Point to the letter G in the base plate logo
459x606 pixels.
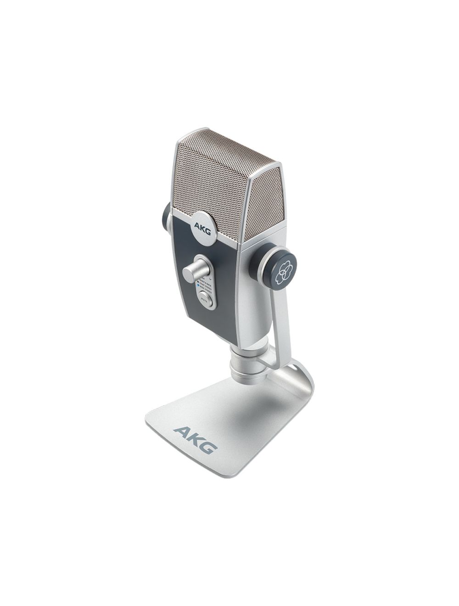pyautogui.click(x=209, y=445)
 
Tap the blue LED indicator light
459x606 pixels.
pyautogui.click(x=198, y=285)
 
